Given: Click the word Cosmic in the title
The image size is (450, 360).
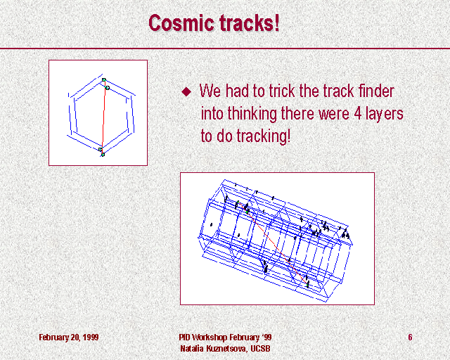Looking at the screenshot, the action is (181, 23).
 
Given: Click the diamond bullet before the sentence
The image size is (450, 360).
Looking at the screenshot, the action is (186, 91).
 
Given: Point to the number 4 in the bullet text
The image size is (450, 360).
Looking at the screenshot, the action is (358, 113).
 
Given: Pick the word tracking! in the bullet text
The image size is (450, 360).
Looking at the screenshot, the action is (264, 136).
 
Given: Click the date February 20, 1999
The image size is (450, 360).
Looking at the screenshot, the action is (69, 337).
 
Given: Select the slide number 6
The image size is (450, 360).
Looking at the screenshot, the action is (410, 337).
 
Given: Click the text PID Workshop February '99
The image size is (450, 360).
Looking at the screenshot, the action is (225, 337).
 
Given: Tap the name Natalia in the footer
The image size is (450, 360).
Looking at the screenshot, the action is (192, 349).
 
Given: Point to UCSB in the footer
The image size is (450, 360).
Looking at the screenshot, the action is (260, 349).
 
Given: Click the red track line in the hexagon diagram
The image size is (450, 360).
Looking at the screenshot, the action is (104, 117).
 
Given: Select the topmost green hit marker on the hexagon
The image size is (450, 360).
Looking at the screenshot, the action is (104, 80).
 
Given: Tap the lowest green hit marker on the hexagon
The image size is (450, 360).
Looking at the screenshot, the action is (103, 155).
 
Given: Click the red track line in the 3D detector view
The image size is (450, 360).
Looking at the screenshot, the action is (274, 244).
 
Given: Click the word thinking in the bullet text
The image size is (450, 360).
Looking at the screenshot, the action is (252, 114).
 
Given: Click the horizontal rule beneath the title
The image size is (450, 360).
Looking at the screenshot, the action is (225, 49).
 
